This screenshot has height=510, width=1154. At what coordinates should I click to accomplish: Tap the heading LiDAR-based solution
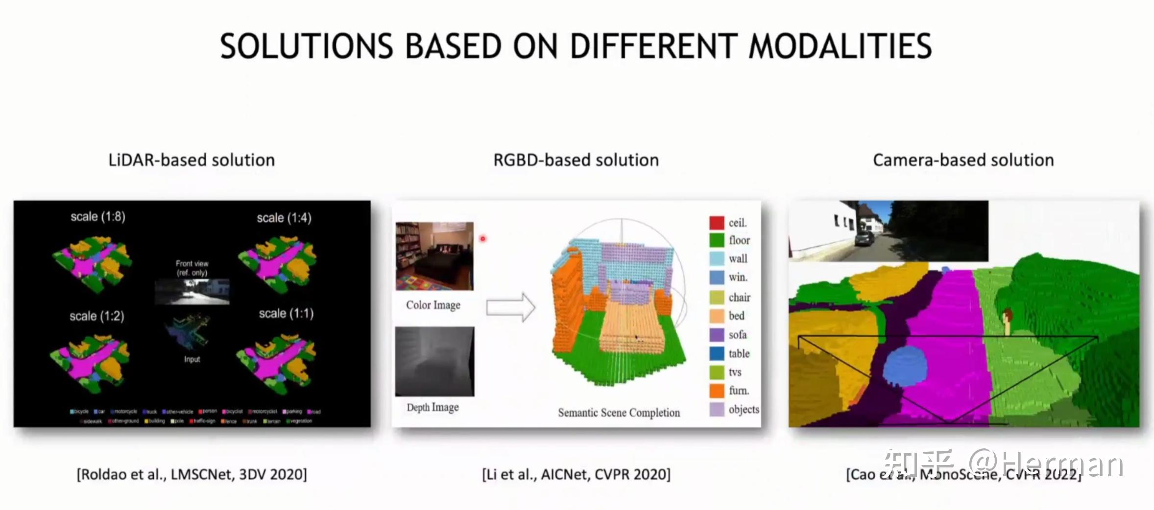coord(192,160)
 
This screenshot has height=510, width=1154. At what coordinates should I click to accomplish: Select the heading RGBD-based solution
coord(576,160)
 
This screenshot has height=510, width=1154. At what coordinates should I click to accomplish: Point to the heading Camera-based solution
coord(963,160)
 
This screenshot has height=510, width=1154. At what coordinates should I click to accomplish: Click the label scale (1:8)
coord(98,216)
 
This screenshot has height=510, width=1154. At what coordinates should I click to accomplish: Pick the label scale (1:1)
coord(286,313)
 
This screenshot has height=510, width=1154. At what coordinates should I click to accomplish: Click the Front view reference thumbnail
coord(192,291)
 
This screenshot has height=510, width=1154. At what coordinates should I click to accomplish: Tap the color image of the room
coord(434,256)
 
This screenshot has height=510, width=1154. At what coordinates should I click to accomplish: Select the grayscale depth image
coord(434,361)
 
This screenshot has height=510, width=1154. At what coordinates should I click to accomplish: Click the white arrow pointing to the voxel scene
coord(510,307)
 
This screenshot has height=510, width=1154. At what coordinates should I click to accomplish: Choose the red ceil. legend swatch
coord(717,223)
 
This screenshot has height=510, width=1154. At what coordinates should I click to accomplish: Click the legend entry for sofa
coord(737,335)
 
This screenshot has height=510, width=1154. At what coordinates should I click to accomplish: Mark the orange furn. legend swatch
coord(717,391)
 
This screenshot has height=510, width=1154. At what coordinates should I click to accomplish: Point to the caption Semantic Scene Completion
coord(619,413)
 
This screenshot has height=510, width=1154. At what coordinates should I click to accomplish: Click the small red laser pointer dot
coord(482,239)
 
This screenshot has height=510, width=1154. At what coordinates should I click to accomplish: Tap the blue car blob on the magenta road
coord(905,366)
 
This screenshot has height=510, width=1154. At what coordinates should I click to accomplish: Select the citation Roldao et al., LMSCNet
coord(192,474)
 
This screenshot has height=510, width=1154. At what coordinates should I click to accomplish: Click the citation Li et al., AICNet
coord(576,474)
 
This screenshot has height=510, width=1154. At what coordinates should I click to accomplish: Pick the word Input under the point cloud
coord(192,359)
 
